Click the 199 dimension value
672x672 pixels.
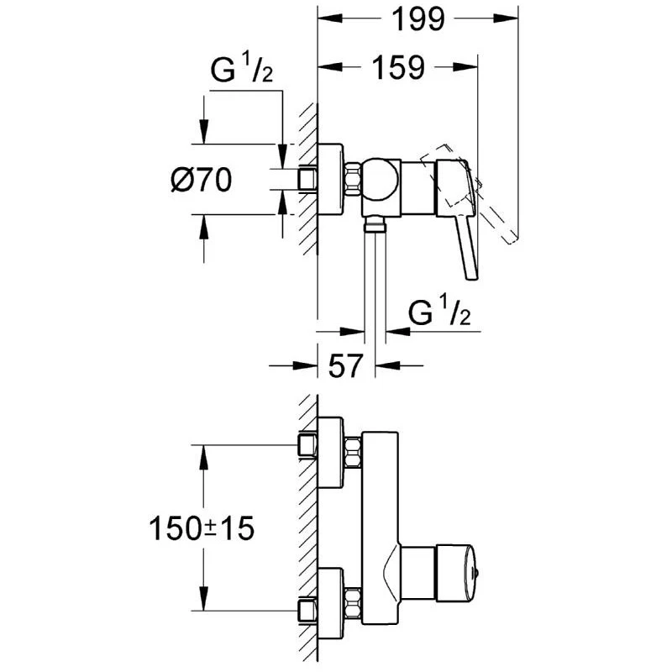[417, 20]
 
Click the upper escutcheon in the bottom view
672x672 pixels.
[333, 451]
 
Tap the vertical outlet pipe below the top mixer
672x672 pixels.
[374, 277]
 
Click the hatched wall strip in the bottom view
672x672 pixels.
[307, 529]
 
